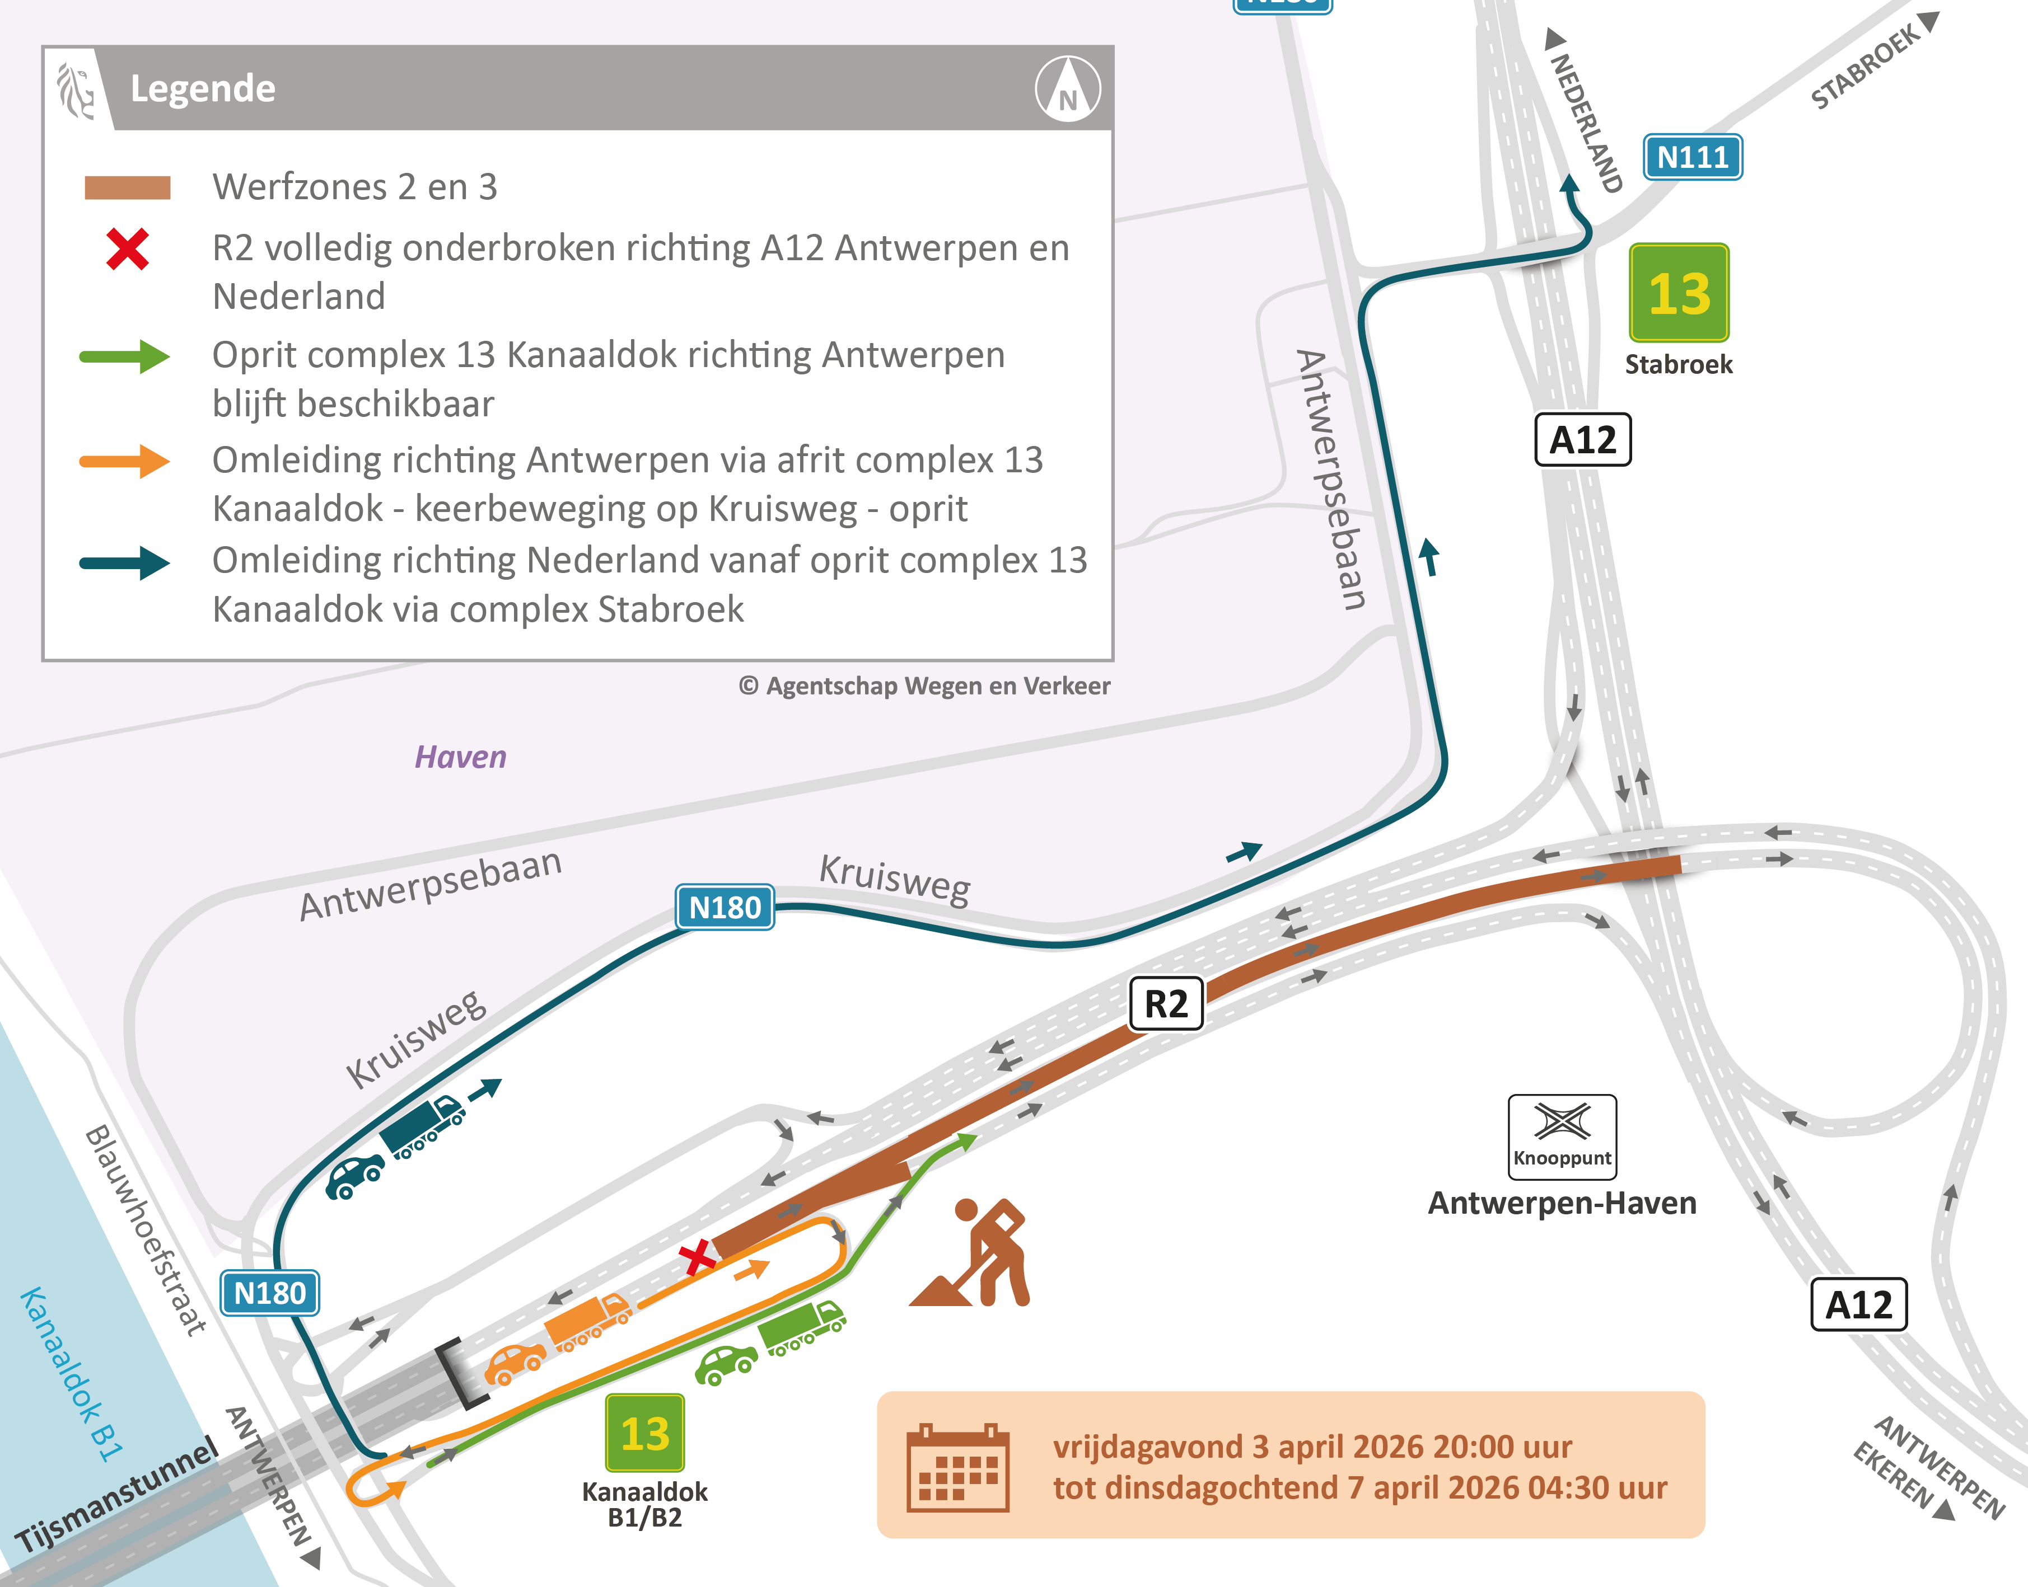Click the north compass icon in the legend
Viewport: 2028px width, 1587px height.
[1068, 89]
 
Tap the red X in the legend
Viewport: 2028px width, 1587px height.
[127, 249]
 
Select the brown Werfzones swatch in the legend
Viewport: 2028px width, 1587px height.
[127, 187]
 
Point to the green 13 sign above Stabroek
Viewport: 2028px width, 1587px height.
[1679, 293]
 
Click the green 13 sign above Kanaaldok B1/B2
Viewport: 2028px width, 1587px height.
[645, 1433]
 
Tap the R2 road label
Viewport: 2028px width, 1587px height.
[1166, 1003]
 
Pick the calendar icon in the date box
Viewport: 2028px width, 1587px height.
[957, 1468]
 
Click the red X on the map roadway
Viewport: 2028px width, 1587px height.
[696, 1258]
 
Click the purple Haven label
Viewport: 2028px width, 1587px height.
[460, 757]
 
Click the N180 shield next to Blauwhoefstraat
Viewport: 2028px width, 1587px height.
[269, 1293]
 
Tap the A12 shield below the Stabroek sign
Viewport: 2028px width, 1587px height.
[1582, 439]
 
